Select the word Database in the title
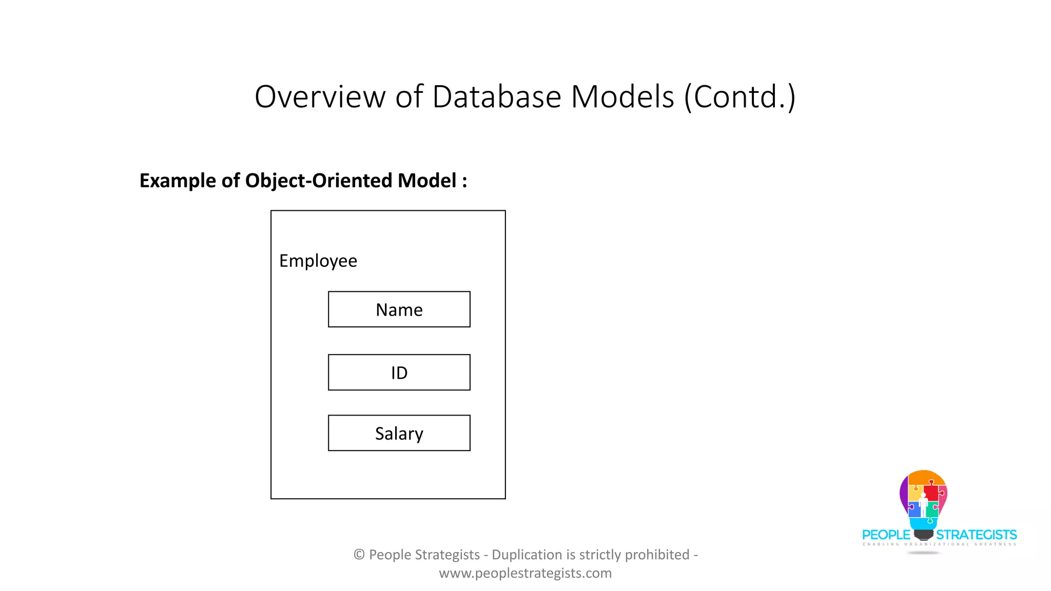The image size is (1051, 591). pyautogui.click(x=496, y=96)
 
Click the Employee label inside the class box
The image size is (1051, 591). pyautogui.click(x=318, y=261)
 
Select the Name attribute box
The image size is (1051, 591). pyautogui.click(x=399, y=309)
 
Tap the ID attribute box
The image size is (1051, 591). pyautogui.click(x=399, y=372)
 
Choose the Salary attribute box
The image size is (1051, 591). pyautogui.click(x=399, y=433)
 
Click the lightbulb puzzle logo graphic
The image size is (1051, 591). pyautogui.click(x=923, y=500)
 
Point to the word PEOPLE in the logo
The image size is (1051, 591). pyautogui.click(x=886, y=535)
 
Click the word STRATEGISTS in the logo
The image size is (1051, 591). pyautogui.click(x=976, y=535)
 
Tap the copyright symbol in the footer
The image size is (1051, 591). pyautogui.click(x=359, y=555)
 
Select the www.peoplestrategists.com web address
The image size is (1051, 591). pyautogui.click(x=525, y=573)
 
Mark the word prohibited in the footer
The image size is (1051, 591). pyautogui.click(x=657, y=555)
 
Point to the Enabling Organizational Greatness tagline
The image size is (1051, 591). pyautogui.click(x=939, y=544)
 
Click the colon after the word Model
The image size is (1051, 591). pyautogui.click(x=464, y=182)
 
